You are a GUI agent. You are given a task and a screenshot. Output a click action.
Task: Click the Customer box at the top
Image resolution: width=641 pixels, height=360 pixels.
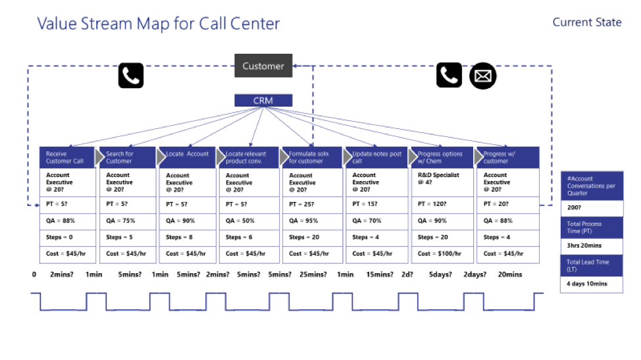[263, 66]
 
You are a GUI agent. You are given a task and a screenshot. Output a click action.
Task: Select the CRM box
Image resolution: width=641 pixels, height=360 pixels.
[263, 101]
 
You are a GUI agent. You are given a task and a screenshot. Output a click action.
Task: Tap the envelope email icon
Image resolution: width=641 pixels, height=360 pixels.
[483, 76]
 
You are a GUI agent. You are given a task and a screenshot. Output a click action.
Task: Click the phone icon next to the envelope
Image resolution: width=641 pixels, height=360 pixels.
[449, 75]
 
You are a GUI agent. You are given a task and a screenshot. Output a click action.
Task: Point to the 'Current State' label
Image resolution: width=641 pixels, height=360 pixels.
[587, 22]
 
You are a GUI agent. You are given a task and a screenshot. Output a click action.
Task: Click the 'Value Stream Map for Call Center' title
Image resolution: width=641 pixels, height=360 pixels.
[158, 24]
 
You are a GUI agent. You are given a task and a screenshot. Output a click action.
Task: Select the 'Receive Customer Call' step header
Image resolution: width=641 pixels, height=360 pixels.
[67, 157]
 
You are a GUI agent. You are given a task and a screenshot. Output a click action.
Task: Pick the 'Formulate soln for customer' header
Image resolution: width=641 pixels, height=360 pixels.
[313, 157]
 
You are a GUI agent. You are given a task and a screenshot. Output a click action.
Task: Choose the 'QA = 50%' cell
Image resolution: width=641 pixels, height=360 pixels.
[249, 221]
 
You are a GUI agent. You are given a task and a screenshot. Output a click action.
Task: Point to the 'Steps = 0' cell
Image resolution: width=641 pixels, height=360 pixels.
[67, 238]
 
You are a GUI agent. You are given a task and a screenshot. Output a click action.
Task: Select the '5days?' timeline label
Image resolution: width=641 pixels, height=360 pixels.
[440, 274]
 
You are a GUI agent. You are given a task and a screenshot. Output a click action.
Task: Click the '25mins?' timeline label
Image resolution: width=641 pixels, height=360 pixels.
[313, 274]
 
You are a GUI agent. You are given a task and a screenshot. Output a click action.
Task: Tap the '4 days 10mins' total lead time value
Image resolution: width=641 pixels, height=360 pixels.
[592, 284]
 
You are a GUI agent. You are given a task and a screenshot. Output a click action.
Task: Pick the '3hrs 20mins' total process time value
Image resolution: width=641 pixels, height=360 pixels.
[592, 246]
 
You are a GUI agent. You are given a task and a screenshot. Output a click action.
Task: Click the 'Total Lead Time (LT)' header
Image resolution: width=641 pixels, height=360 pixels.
[592, 266]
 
